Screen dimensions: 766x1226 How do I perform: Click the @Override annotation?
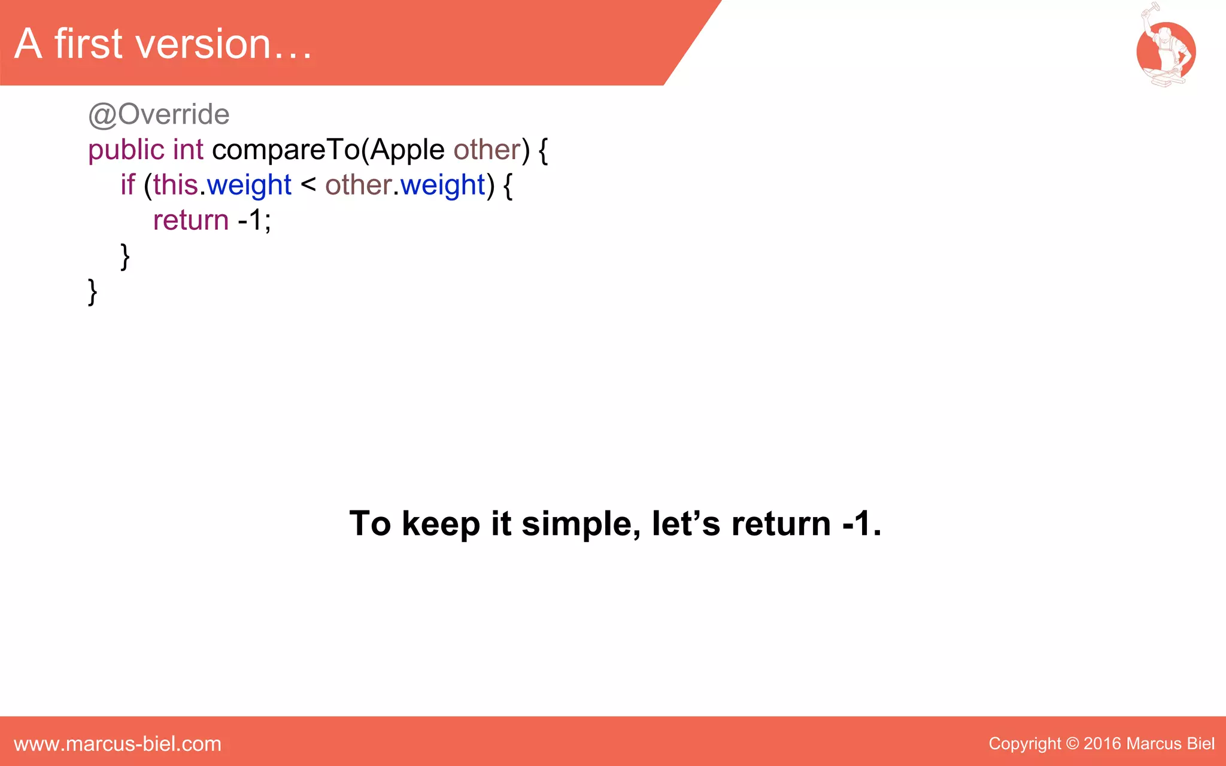(x=159, y=114)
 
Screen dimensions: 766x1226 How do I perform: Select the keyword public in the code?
(x=126, y=150)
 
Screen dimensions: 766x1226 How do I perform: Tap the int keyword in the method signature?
(x=188, y=150)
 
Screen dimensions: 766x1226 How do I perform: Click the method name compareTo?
(x=286, y=150)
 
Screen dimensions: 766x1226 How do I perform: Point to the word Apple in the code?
(x=407, y=150)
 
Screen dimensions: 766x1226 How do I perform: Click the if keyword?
(x=128, y=185)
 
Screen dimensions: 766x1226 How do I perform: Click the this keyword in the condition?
(x=175, y=185)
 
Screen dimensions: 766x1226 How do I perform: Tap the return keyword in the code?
(x=191, y=220)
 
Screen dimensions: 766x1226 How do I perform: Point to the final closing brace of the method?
(x=93, y=291)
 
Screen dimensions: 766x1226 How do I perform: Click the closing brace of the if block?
(x=125, y=256)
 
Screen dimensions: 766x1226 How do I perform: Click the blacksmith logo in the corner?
(x=1165, y=48)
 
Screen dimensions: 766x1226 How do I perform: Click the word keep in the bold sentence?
(x=441, y=524)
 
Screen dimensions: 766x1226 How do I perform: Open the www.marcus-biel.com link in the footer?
(x=117, y=744)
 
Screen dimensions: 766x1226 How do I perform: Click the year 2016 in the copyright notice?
(x=1101, y=744)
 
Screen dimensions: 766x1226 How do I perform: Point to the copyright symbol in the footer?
(x=1072, y=744)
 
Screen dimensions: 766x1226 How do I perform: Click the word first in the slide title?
(x=88, y=44)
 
